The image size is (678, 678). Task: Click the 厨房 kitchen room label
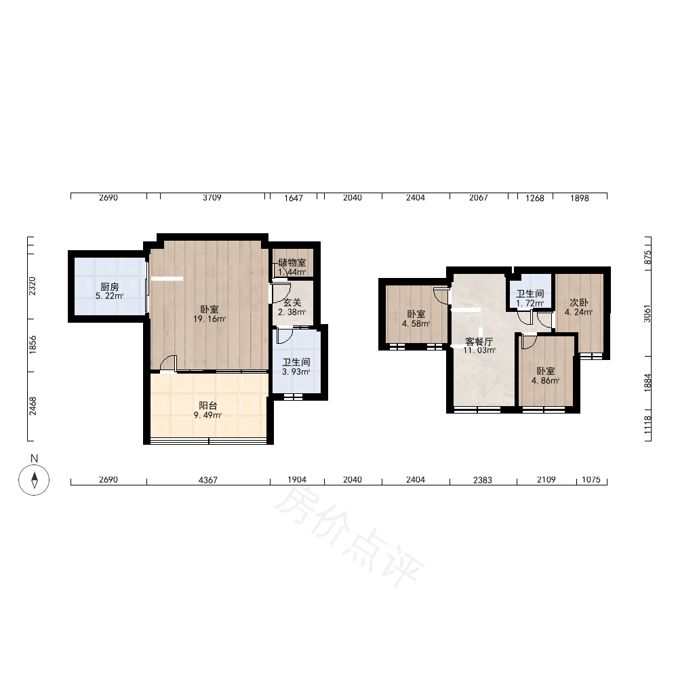pos(109,287)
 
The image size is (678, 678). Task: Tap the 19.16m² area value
pos(210,319)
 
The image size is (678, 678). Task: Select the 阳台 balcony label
pos(208,405)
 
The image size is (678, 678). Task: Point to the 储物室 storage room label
pos(292,262)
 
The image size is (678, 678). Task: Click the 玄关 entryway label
pos(292,302)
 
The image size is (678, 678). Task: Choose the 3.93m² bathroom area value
pos(296,372)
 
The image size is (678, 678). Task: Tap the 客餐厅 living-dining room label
pos(479,341)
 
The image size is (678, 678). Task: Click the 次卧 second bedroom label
pos(579,302)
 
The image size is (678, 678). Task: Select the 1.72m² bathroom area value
pos(530,304)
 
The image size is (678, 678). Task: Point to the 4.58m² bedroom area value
pos(416,323)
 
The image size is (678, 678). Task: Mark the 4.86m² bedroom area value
pos(546,380)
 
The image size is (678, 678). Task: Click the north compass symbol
pos(34,479)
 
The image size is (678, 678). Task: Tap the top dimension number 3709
pos(212,197)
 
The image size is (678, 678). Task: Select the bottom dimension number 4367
pos(208,480)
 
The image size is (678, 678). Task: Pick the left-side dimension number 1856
pos(33,345)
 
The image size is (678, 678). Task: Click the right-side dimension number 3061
pos(647,313)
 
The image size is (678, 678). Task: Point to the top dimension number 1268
pos(535,198)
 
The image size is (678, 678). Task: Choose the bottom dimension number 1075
pos(591,479)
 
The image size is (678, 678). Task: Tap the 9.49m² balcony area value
pos(208,416)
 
